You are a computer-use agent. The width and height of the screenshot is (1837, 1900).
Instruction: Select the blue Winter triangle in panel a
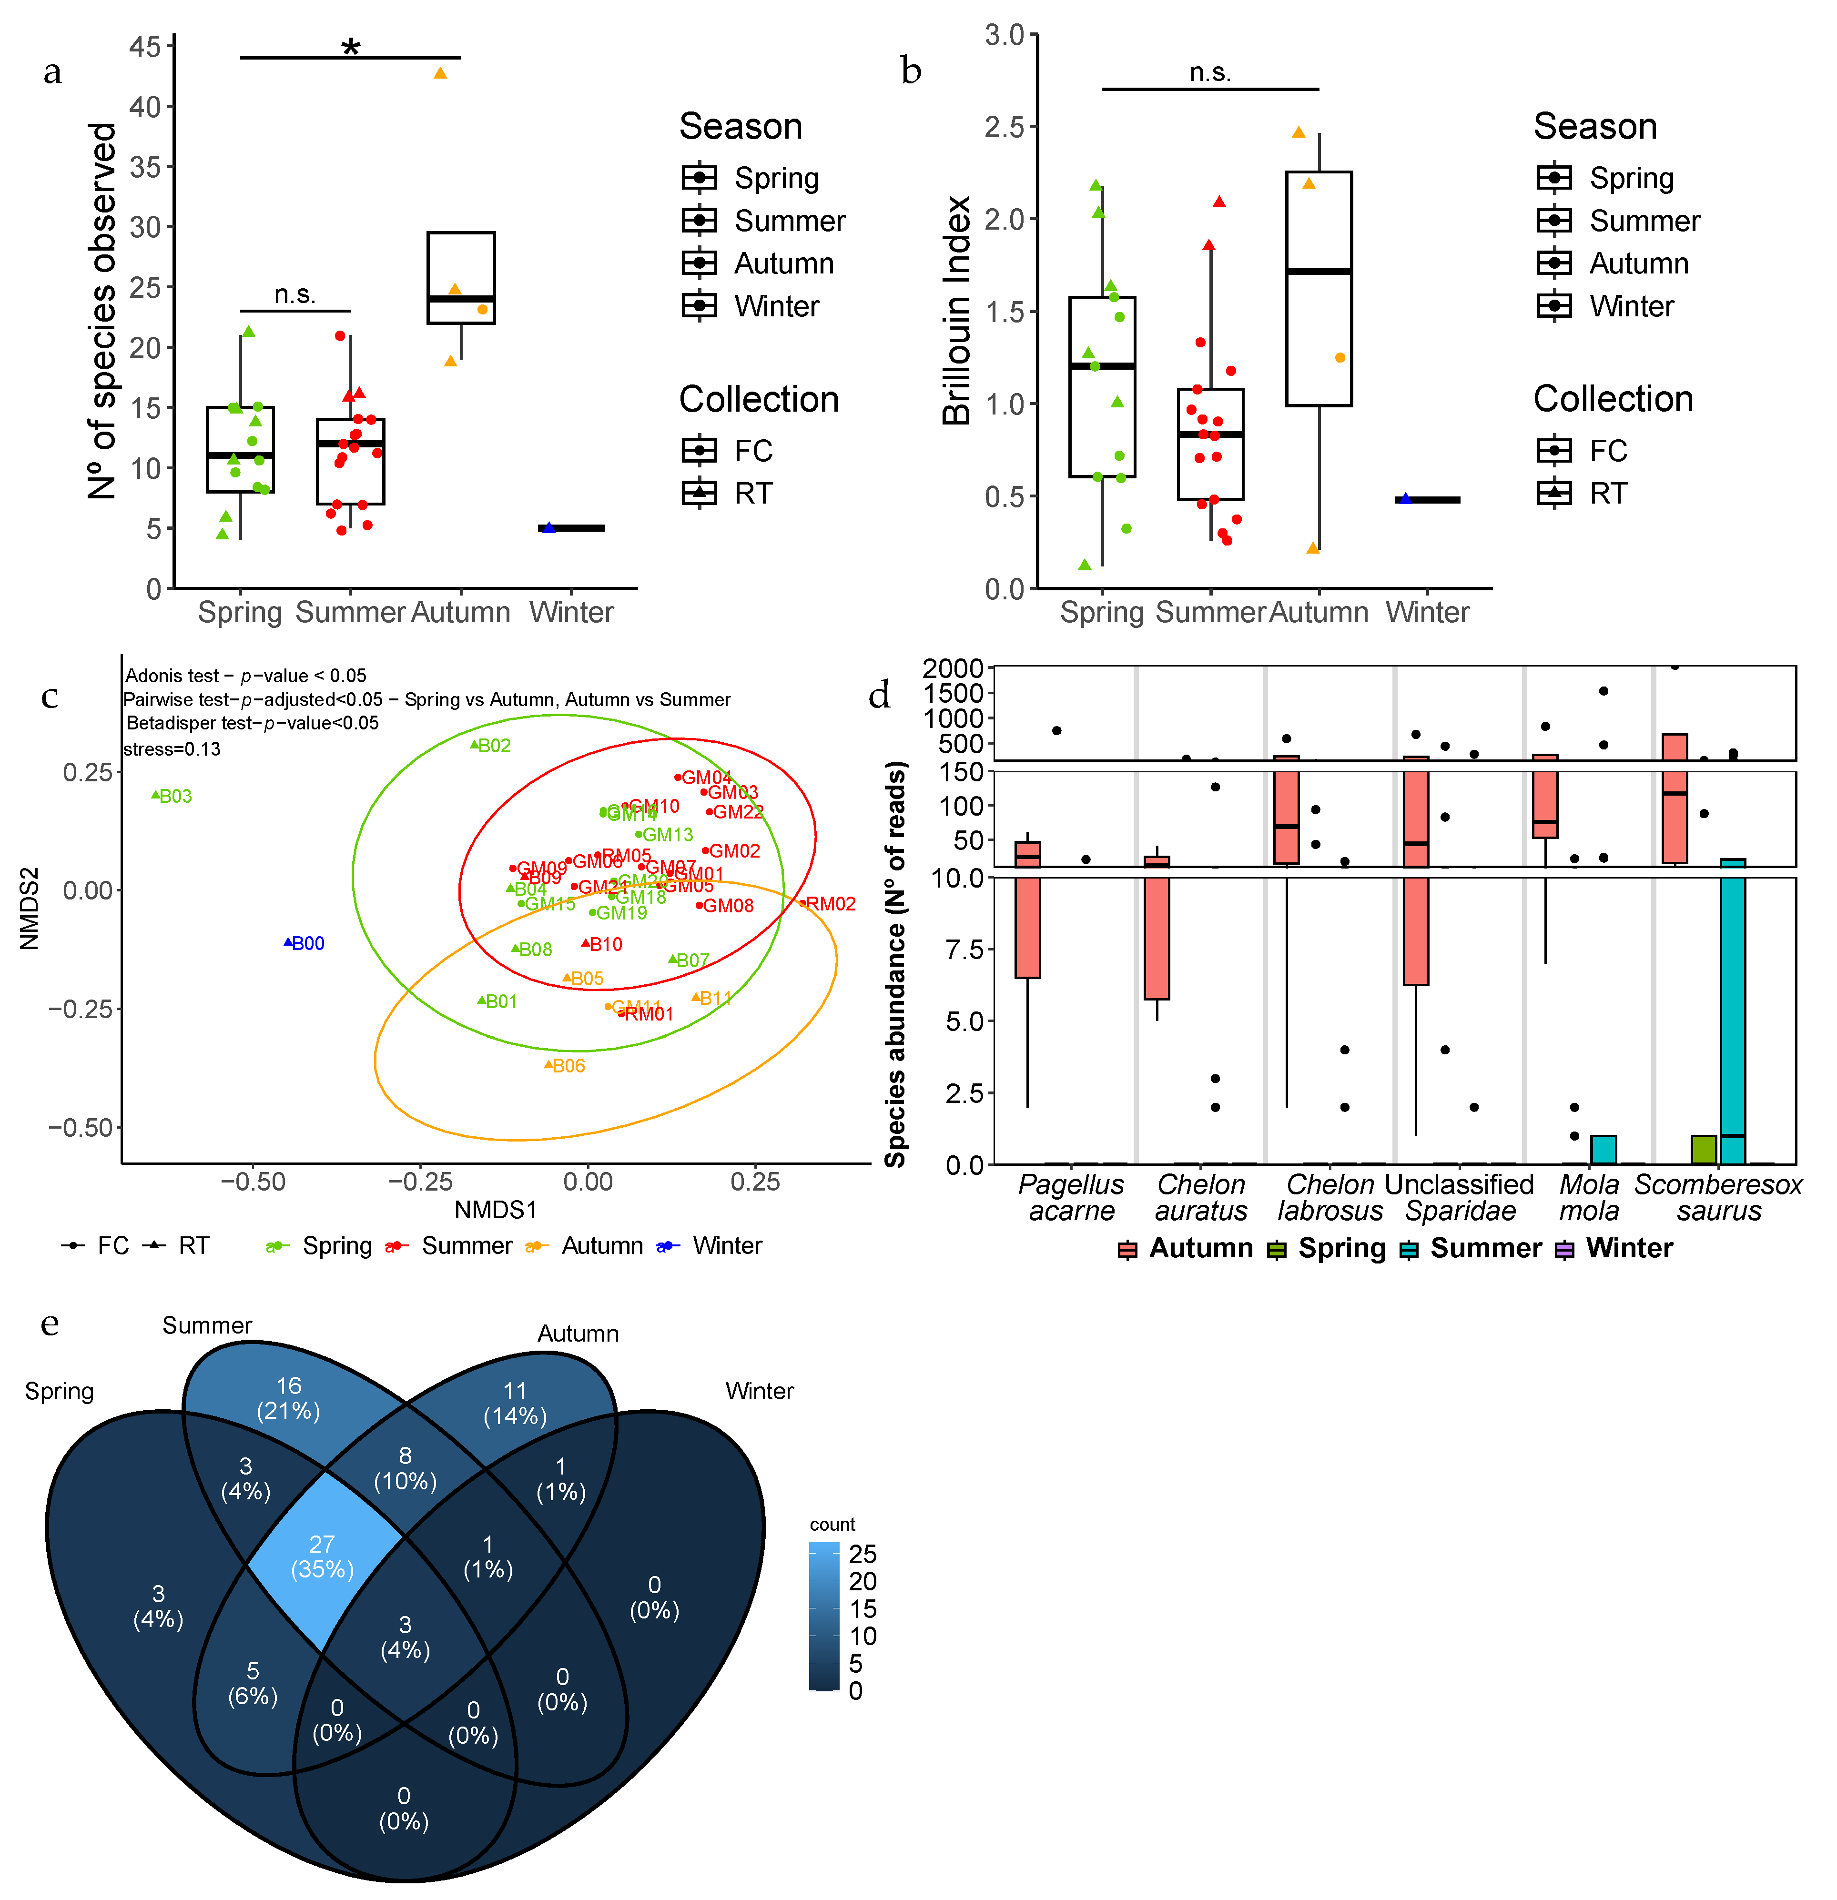(548, 527)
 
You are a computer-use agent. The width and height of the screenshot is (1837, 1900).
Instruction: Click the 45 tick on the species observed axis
(145, 47)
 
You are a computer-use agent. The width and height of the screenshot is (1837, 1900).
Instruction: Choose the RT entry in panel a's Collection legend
(752, 494)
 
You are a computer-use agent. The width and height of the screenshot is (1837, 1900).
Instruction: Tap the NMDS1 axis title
(496, 1210)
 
